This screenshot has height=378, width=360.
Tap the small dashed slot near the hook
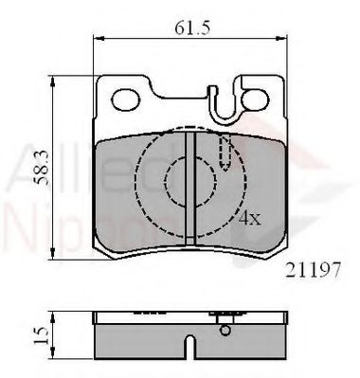click(225, 150)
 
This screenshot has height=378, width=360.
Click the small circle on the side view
click(225, 329)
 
